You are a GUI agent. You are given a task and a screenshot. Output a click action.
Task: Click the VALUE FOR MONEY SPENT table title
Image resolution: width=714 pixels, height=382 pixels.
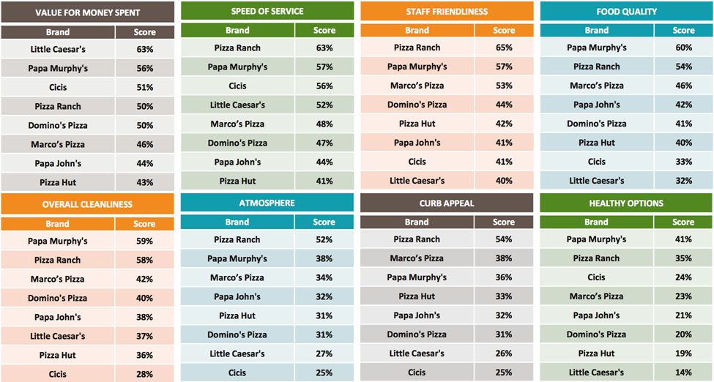87,13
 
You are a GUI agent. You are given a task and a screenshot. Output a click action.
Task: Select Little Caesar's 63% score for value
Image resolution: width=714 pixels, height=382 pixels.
144,49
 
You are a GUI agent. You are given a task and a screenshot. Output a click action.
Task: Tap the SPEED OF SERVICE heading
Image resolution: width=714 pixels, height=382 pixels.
267,11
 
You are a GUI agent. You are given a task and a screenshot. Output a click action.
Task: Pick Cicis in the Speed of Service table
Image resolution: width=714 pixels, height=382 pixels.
237,86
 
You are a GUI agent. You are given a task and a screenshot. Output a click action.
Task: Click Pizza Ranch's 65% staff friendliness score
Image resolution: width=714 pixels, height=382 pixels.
504,48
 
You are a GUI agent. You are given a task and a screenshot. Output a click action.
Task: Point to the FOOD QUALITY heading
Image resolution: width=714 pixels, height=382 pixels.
626,11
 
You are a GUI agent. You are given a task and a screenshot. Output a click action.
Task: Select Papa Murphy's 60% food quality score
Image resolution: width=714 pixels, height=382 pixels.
683,48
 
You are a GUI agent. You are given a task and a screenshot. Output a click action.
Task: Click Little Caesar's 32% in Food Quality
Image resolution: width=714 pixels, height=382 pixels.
683,181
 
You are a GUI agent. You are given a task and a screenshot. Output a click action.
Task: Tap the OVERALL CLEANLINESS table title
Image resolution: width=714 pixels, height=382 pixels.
87,204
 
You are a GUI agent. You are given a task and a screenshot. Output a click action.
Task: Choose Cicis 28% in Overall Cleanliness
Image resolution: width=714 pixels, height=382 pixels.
144,374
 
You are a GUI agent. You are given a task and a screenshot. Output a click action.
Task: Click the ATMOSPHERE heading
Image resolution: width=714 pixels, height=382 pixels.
267,203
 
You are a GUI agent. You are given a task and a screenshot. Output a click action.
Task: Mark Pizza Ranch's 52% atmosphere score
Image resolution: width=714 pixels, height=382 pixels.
324,239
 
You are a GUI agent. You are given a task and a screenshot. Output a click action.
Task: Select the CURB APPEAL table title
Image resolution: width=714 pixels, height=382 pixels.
447,203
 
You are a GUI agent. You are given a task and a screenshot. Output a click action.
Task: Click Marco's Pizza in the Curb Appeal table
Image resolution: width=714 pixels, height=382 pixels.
417,258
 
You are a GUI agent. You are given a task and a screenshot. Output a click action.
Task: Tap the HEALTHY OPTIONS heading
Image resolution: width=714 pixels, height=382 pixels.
626,203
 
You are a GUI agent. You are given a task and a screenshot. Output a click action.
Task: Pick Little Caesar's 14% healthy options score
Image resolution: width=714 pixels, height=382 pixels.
683,372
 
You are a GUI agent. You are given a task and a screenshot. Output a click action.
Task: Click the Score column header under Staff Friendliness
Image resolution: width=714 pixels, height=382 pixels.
504,31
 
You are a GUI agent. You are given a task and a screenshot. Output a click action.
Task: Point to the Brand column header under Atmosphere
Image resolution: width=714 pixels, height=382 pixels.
237,222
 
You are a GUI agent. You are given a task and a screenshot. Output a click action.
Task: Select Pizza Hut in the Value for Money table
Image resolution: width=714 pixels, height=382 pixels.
58,182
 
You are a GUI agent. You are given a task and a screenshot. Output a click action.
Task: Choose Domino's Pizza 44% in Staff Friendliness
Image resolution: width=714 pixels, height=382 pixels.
504,105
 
